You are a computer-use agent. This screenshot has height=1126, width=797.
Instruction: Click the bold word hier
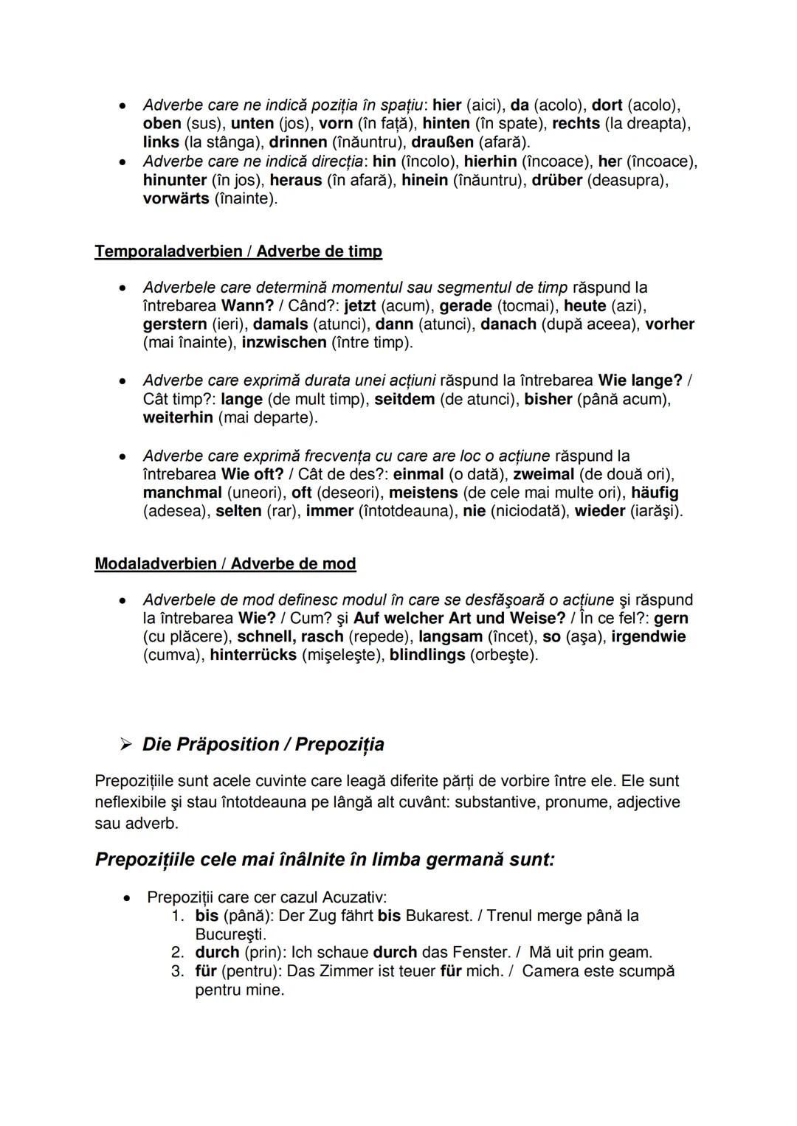tap(446, 105)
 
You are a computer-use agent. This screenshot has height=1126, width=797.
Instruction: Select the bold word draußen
tap(442, 142)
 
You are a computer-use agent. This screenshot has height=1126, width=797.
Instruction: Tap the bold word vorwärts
tap(176, 199)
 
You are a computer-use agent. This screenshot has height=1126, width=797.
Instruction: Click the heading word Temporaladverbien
tap(168, 251)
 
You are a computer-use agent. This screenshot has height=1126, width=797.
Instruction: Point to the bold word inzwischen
tap(283, 343)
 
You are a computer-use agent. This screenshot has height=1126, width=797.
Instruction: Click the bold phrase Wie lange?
tap(640, 381)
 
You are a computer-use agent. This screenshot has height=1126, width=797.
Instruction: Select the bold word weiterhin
tap(178, 418)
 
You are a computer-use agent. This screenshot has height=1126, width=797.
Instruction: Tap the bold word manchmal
tap(182, 493)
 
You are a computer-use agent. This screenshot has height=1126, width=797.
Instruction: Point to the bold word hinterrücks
tap(253, 656)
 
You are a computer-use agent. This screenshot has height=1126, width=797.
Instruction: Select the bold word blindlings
tap(427, 656)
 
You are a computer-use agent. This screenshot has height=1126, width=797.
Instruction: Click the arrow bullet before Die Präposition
tap(125, 745)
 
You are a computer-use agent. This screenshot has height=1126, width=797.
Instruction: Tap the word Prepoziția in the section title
tap(339, 745)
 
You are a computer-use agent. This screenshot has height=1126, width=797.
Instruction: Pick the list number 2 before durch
tap(177, 953)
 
